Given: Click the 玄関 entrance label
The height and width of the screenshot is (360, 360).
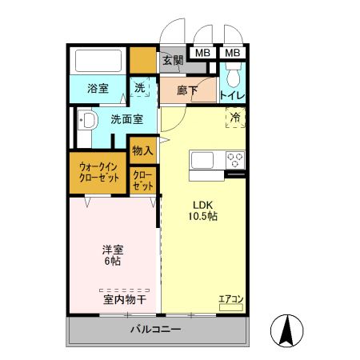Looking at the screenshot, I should tap(173, 60).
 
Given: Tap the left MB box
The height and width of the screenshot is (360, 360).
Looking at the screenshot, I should tap(202, 54).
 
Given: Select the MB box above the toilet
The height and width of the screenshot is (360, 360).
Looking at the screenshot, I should tap(233, 54).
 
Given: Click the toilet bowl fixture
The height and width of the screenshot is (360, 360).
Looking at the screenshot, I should tap(233, 77).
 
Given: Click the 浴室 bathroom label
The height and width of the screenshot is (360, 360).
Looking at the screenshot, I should tap(98, 89).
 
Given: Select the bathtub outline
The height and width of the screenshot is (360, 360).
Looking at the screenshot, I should tap(98, 61).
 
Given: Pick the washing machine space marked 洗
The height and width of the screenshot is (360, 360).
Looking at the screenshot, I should tap(140, 89).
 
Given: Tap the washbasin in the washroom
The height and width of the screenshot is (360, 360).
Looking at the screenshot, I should tap(86, 122).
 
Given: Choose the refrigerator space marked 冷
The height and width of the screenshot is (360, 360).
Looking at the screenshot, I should tap(235, 118).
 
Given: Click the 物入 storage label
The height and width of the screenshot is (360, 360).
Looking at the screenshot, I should tap(142, 150).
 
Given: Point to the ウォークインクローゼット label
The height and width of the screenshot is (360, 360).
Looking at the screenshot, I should tap(98, 173).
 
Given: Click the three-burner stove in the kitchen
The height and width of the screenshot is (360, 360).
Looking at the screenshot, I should tap(235, 158).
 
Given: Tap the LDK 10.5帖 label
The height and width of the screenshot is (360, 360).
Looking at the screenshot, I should tap(203, 210).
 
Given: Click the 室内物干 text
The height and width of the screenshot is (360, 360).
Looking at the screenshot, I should tap(124, 300).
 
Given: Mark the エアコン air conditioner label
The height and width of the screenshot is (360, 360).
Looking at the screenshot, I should tap(231, 300).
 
